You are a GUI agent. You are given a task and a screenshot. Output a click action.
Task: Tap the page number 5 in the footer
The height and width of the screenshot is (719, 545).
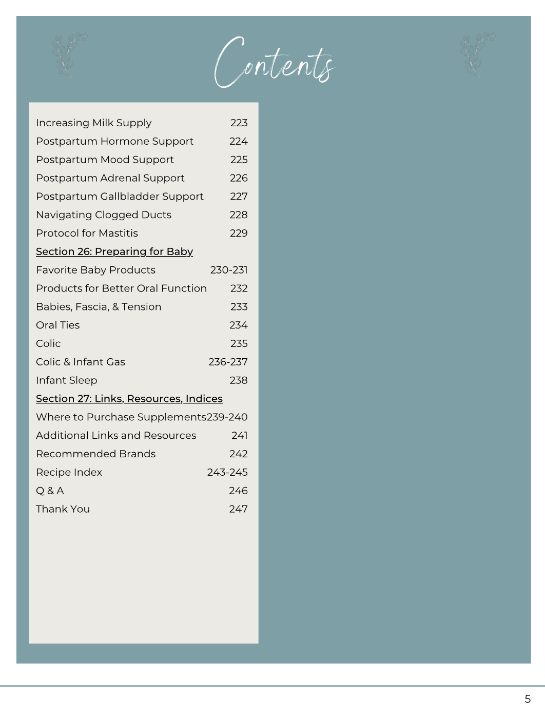coord(528,699)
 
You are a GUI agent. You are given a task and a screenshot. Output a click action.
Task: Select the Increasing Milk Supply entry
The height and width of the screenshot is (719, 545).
coord(94,123)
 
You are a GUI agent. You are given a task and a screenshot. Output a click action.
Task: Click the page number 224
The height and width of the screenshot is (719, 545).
coord(238,141)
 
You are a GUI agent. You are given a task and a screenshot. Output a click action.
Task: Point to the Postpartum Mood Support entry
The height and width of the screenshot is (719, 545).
coord(105,160)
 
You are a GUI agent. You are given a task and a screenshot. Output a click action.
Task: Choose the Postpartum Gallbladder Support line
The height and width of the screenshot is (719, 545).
coord(120,197)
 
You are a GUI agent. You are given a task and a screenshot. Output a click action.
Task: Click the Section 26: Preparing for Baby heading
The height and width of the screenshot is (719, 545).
coord(114,251)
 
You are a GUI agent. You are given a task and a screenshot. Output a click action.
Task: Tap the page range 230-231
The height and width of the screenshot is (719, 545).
coord(229,270)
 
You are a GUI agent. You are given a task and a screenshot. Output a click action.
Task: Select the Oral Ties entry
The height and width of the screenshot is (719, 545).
coord(58,325)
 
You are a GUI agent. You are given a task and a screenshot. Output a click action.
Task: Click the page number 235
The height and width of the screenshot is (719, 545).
coord(239,344)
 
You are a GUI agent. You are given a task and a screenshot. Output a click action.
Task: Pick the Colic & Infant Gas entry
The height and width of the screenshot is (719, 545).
coord(81,362)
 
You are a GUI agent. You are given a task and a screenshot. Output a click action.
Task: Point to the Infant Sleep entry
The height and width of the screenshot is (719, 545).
coord(67,381)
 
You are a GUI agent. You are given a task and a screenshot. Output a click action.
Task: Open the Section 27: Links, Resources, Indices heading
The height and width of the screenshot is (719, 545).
coord(129,399)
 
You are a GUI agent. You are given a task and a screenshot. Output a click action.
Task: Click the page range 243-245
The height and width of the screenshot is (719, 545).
coord(227,472)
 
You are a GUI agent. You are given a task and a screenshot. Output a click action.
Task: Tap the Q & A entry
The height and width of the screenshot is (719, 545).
coord(50,491)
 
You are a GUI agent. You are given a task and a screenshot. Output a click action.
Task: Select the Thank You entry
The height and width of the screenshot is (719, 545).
coord(63,509)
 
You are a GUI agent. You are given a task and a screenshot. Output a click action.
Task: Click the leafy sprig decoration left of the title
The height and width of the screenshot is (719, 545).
coord(67,55)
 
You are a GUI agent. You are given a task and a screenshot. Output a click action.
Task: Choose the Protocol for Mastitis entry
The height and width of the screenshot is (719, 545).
coord(87,234)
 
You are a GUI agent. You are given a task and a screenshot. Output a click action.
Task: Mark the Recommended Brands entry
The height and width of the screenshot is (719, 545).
coord(95,454)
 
